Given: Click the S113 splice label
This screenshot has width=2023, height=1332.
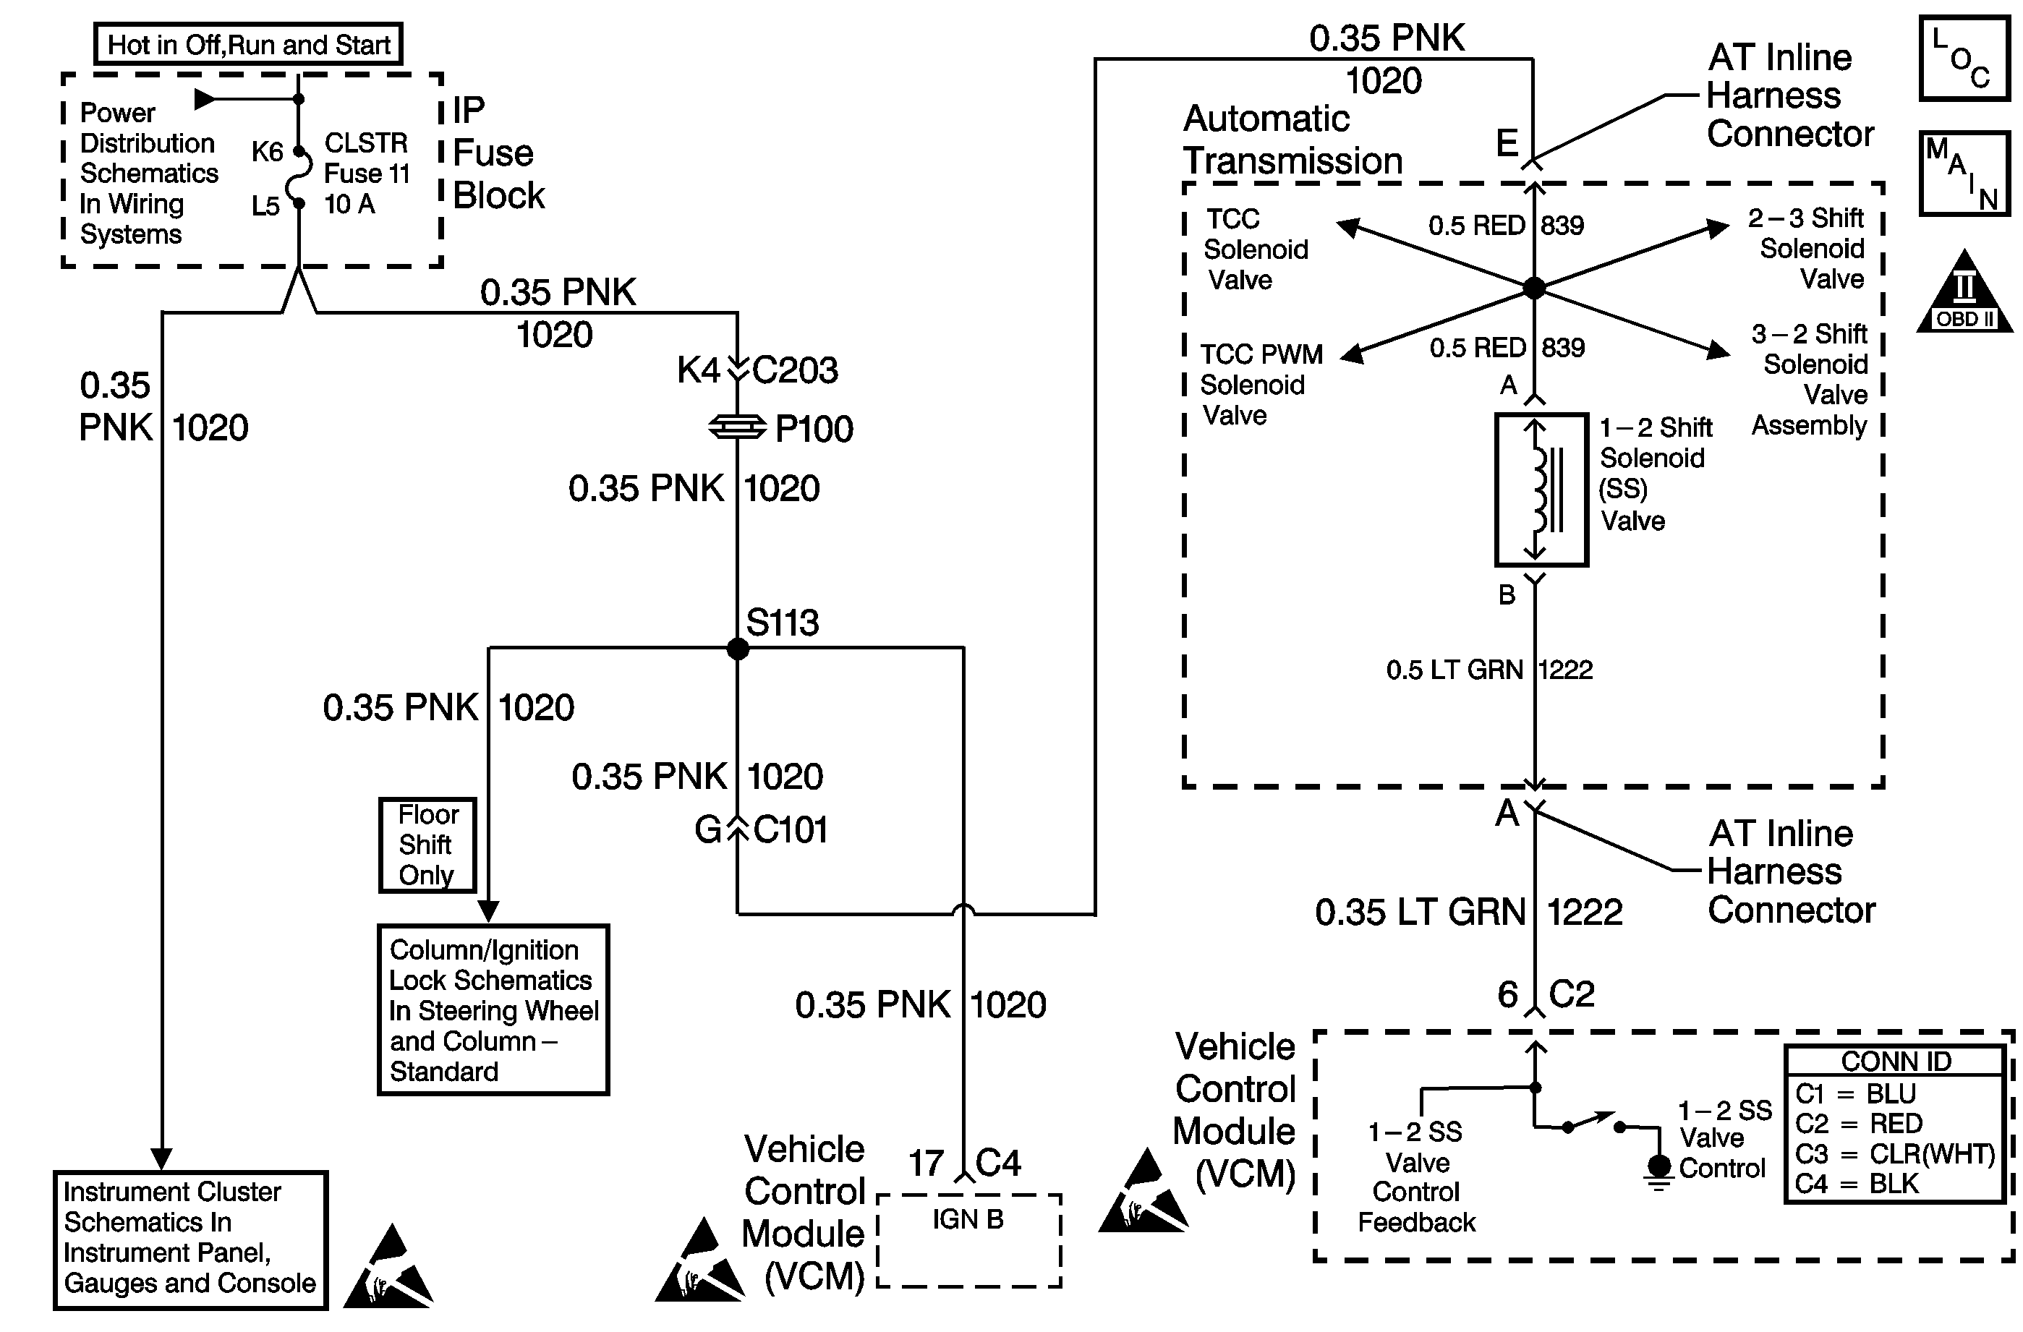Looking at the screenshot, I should tap(782, 623).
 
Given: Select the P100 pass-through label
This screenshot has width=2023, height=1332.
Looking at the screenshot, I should tap(814, 430).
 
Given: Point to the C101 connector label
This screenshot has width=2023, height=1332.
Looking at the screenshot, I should tap(791, 829).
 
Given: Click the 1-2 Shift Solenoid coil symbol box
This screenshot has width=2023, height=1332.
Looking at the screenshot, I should tap(1541, 490).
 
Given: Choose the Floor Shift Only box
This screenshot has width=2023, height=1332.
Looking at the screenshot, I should tap(427, 845).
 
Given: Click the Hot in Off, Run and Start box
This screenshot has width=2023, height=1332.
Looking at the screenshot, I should tap(248, 44).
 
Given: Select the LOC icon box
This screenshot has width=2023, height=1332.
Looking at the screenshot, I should tap(1964, 58).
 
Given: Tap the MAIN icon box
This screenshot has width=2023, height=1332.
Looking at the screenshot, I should tap(1964, 174).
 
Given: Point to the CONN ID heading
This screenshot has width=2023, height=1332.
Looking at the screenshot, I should tap(1896, 1062).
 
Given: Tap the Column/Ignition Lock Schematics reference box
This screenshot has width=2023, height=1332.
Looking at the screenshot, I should tap(493, 1009).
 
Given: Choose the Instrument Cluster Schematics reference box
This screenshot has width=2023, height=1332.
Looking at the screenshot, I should tap(190, 1239).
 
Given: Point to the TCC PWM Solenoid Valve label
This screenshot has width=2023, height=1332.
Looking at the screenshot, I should tap(1261, 385).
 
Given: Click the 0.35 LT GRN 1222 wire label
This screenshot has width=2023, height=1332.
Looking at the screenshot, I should tap(1468, 912).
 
